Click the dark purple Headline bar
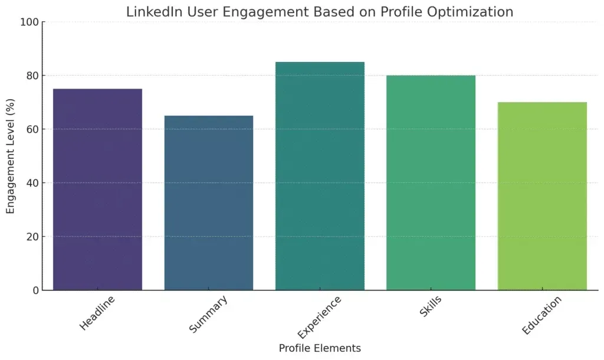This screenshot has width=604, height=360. coord(97,189)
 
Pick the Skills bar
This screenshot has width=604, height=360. coord(431,182)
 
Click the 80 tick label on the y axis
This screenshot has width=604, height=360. coord(32,76)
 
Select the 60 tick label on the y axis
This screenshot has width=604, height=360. coord(32,129)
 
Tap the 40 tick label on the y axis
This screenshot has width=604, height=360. coord(32,183)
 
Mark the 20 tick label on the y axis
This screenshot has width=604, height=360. coord(32,237)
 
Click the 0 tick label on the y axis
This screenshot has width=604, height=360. coord(35,290)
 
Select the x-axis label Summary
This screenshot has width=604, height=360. coord(208,315)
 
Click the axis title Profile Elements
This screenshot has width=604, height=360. coord(320,348)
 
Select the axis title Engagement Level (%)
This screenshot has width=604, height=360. coord(11,156)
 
